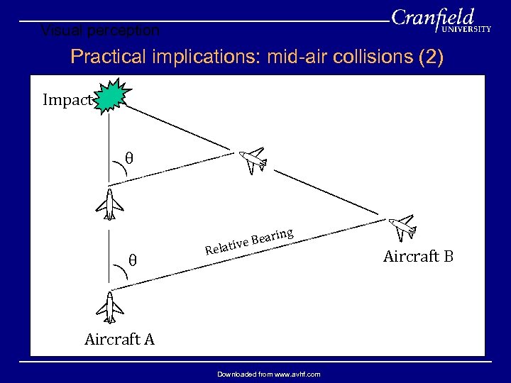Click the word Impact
point(67,100)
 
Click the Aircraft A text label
point(119,339)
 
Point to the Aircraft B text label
point(418,256)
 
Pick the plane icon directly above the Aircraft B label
point(404,227)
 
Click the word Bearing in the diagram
point(273,235)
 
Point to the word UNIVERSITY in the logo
point(466,30)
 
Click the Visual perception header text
point(100,30)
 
